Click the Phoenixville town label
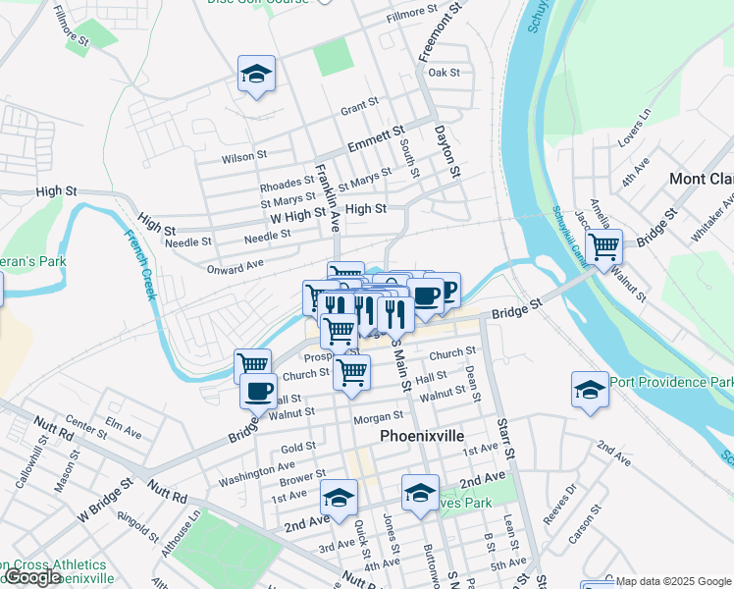coord(421,435)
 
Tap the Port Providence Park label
coord(671,382)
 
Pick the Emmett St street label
coord(376,138)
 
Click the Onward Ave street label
coord(235,266)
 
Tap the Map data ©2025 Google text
coord(673,581)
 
